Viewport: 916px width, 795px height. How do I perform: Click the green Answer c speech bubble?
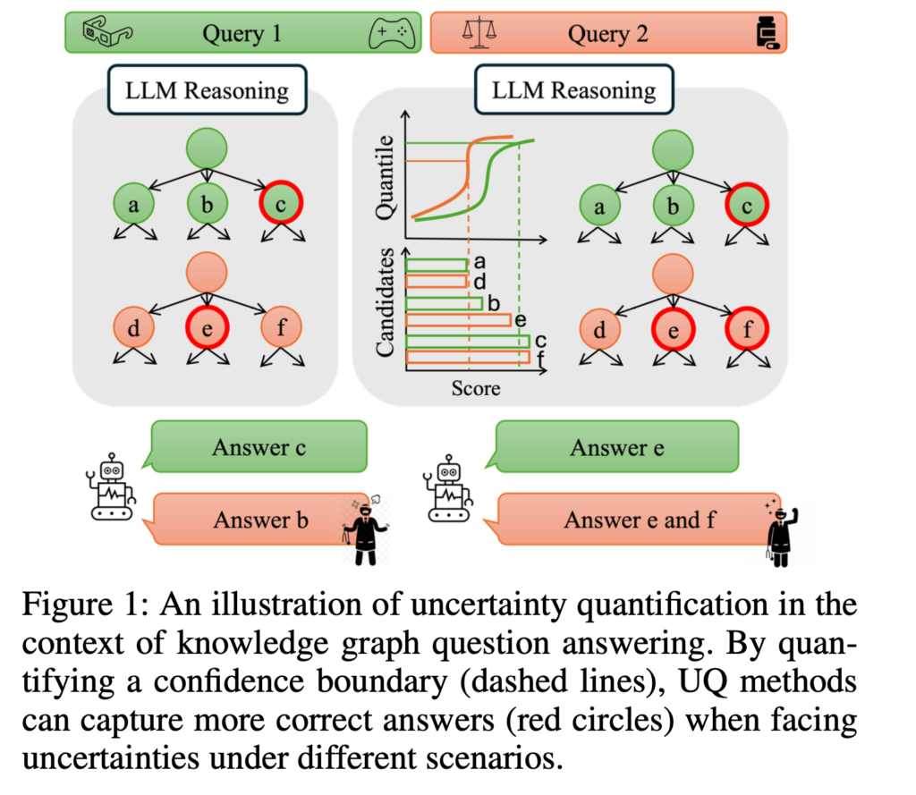[x=259, y=447]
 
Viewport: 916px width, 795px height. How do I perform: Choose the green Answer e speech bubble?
[x=616, y=447]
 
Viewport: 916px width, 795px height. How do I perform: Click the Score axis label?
[x=475, y=388]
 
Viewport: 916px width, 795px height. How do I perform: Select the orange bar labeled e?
[x=458, y=319]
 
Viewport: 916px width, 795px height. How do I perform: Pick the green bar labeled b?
[x=445, y=303]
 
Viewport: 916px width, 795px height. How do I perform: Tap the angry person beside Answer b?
[x=364, y=531]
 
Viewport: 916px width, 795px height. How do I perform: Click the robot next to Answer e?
[x=445, y=491]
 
